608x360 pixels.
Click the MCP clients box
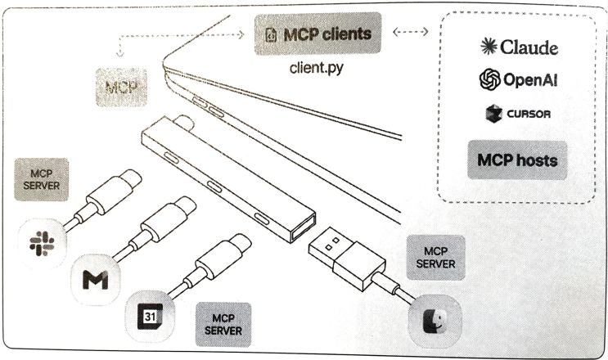pos(318,36)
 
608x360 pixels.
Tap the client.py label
pos(316,69)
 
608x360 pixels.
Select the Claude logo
pos(519,47)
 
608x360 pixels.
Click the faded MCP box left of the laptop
pos(119,85)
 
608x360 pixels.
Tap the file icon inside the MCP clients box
pos(269,36)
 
